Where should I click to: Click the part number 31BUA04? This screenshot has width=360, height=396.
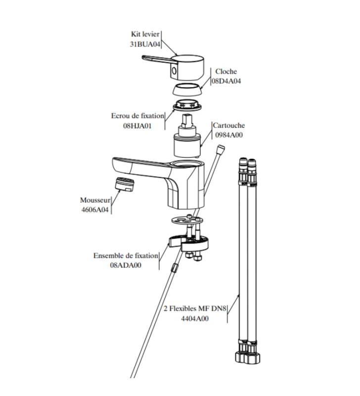click(x=145, y=44)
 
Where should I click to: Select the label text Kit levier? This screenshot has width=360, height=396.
click(x=145, y=34)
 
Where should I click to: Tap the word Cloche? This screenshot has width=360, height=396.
click(x=226, y=71)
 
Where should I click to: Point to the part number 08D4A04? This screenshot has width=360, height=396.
click(x=226, y=81)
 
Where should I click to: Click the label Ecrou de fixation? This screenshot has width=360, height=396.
click(x=138, y=116)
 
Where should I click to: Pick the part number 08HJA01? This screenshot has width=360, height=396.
click(x=137, y=126)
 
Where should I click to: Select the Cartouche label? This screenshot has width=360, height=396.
click(x=229, y=125)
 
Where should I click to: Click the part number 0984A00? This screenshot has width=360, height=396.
click(x=229, y=135)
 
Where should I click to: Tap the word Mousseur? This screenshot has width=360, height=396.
click(x=95, y=200)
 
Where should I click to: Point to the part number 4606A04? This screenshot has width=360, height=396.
click(x=95, y=209)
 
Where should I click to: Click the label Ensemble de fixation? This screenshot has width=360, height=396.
click(x=126, y=255)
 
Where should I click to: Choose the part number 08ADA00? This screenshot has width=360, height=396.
click(x=126, y=265)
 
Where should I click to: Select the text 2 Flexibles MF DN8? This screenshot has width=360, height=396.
click(x=195, y=308)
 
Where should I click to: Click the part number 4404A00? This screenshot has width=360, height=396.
click(x=195, y=318)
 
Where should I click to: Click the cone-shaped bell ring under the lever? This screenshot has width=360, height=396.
click(x=187, y=89)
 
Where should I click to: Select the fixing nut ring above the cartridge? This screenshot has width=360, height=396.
click(x=187, y=105)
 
